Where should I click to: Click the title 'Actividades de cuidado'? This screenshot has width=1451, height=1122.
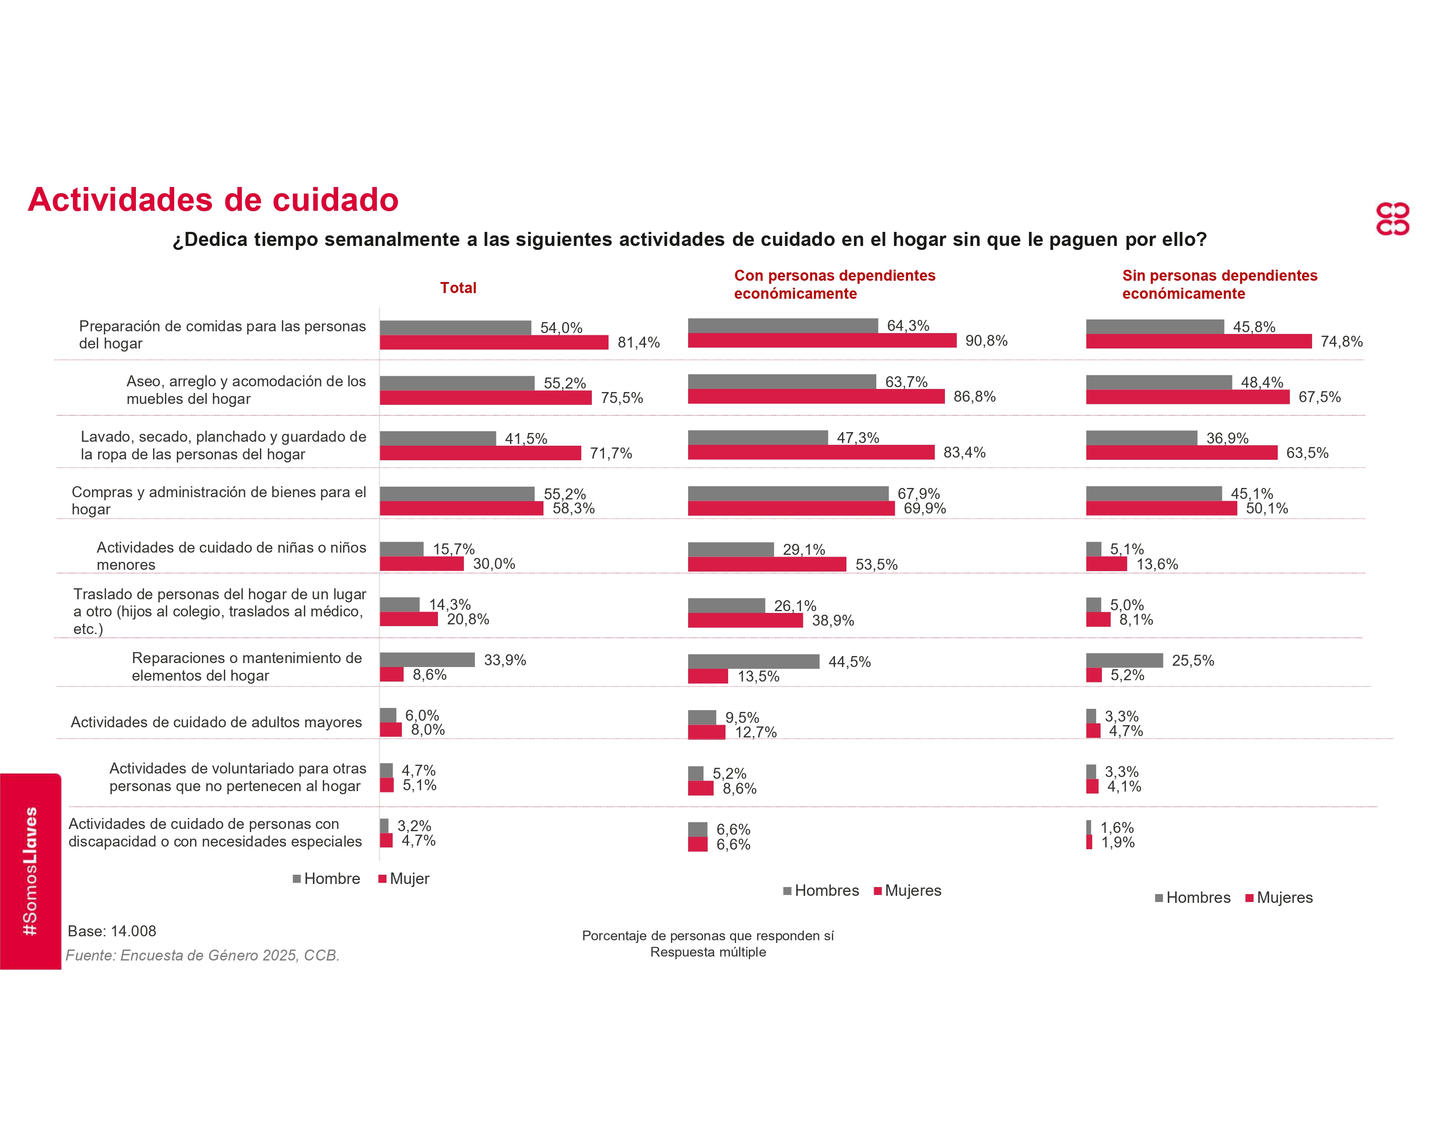[213, 199]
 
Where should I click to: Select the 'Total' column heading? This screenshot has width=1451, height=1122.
[458, 288]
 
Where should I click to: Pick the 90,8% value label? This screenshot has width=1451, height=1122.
[986, 341]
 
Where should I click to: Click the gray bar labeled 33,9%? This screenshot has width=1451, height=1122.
[427, 660]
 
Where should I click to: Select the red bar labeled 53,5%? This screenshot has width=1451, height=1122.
[767, 565]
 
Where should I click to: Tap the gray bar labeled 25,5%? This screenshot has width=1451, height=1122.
[1124, 660]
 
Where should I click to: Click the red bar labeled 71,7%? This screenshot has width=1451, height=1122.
[480, 453]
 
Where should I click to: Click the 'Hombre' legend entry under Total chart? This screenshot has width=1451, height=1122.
[326, 879]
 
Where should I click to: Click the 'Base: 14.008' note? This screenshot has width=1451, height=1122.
[112, 931]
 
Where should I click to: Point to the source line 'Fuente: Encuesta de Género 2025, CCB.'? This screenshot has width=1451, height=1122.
[203, 955]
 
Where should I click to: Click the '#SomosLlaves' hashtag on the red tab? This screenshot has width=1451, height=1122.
[30, 871]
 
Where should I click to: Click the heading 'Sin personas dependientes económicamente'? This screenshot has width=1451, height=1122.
[1219, 285]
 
